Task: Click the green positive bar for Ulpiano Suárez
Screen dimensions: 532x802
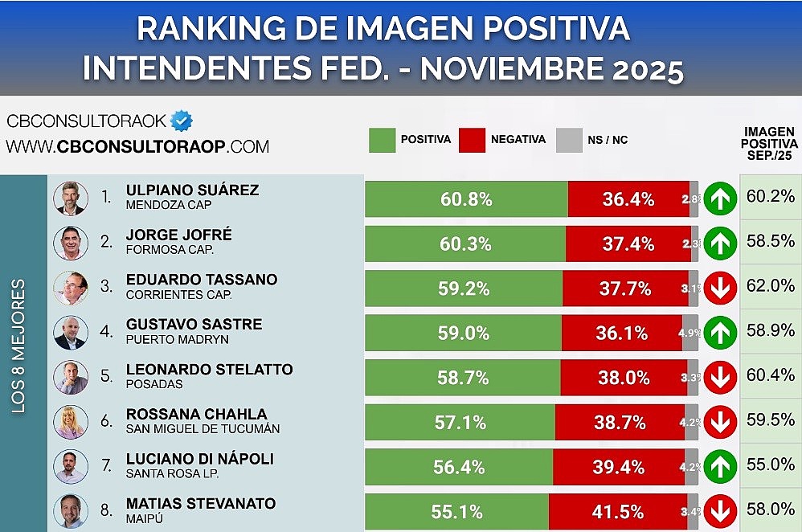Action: pyautogui.click(x=466, y=199)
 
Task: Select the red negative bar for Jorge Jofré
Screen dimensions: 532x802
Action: pyautogui.click(x=627, y=244)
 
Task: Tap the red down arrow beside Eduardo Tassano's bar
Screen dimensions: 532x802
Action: pyautogui.click(x=720, y=289)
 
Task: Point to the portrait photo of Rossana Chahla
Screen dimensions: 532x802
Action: pyautogui.click(x=70, y=422)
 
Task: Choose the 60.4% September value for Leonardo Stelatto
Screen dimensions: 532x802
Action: pyautogui.click(x=770, y=375)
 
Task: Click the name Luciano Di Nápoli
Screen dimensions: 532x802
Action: pyautogui.click(x=200, y=459)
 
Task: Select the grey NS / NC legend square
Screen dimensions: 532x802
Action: pyautogui.click(x=569, y=140)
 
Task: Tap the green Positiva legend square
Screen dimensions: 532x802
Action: pyautogui.click(x=382, y=140)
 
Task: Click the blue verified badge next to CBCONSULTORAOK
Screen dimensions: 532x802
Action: pyautogui.click(x=182, y=121)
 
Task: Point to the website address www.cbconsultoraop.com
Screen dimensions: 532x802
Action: pyautogui.click(x=137, y=147)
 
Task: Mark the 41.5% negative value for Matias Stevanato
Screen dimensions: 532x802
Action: pyautogui.click(x=623, y=512)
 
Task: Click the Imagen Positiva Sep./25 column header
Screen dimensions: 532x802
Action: pyautogui.click(x=769, y=142)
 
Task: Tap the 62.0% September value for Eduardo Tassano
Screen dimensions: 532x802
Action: pyautogui.click(x=770, y=285)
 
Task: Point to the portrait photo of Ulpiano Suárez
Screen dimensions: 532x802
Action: pyautogui.click(x=70, y=198)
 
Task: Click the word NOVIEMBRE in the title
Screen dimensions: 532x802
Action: pyautogui.click(x=512, y=69)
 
